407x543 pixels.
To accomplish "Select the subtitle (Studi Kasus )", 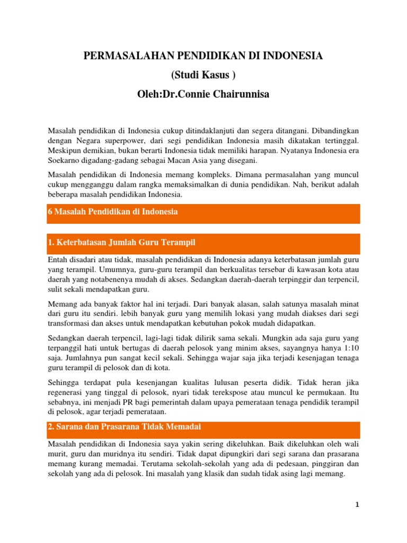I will pos(203,75).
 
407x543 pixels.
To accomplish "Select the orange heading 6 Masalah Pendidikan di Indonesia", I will pos(112,212).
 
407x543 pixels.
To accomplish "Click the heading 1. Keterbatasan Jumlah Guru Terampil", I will pos(122,242).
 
